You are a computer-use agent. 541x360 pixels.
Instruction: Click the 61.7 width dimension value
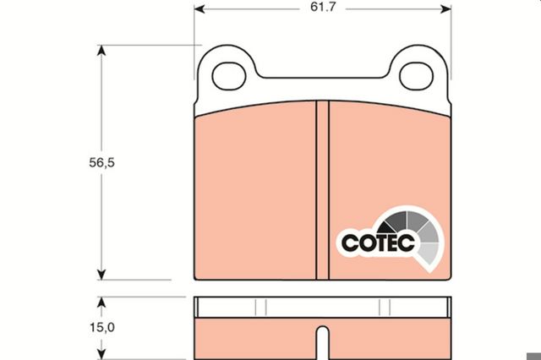[x=323, y=8]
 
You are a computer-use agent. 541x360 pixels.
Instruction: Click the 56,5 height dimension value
[x=101, y=162]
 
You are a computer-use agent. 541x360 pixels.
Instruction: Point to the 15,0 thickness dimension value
[x=102, y=327]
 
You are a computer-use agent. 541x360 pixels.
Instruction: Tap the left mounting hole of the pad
[x=229, y=76]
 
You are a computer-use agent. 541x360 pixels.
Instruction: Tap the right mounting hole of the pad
[x=416, y=76]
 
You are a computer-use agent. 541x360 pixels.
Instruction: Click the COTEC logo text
[x=378, y=243]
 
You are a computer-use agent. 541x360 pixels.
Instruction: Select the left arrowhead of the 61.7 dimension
[x=199, y=9]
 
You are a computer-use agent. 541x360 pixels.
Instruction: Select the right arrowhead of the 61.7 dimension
[x=445, y=9]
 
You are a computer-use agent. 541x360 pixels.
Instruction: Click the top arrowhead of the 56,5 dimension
[x=101, y=51]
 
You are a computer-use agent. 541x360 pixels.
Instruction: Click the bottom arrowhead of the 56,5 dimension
[x=101, y=275]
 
